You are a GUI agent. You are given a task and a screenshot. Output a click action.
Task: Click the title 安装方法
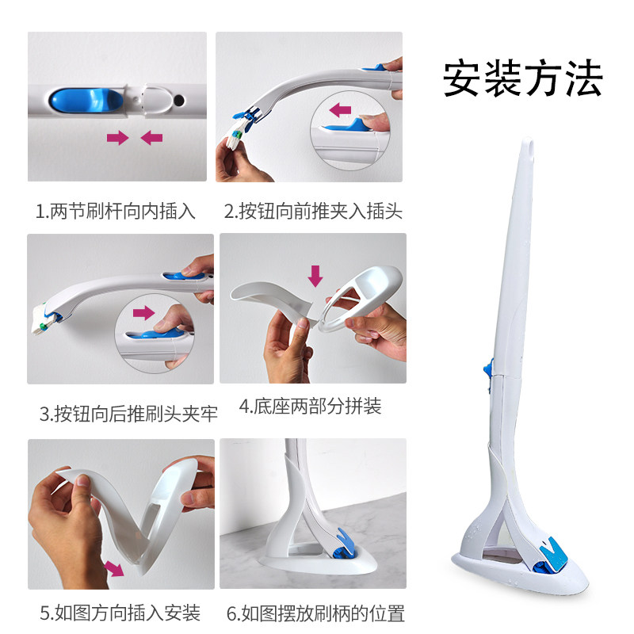pos(522,78)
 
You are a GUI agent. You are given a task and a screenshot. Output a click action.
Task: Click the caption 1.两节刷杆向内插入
pos(116,211)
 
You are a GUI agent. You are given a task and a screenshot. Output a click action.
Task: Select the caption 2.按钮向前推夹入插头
pos(313,211)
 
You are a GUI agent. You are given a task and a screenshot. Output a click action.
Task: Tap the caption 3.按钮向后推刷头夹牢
pos(128,413)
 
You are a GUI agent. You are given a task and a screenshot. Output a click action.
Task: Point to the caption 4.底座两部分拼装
pos(310,406)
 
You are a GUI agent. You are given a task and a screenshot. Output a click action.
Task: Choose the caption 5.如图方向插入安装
pos(120,613)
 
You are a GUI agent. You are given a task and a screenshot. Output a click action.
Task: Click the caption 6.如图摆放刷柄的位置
pos(315,613)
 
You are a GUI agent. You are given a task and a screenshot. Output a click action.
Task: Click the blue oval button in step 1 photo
pos(86,101)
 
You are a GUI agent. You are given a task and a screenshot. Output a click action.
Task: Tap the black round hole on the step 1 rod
pos(179,100)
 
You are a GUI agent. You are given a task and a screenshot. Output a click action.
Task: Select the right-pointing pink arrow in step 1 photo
pos(117,138)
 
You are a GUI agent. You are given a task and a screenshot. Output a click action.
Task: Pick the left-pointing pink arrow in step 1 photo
pos(151,138)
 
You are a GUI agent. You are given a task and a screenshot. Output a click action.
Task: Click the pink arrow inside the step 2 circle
pos(340,109)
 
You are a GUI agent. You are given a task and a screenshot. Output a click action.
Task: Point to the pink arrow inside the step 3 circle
pos(144,312)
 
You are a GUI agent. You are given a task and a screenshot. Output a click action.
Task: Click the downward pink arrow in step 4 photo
pos(315,276)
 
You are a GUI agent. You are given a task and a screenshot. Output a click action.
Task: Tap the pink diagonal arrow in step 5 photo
pos(114,568)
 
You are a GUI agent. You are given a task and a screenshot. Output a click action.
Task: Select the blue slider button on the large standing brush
pos(488,367)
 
